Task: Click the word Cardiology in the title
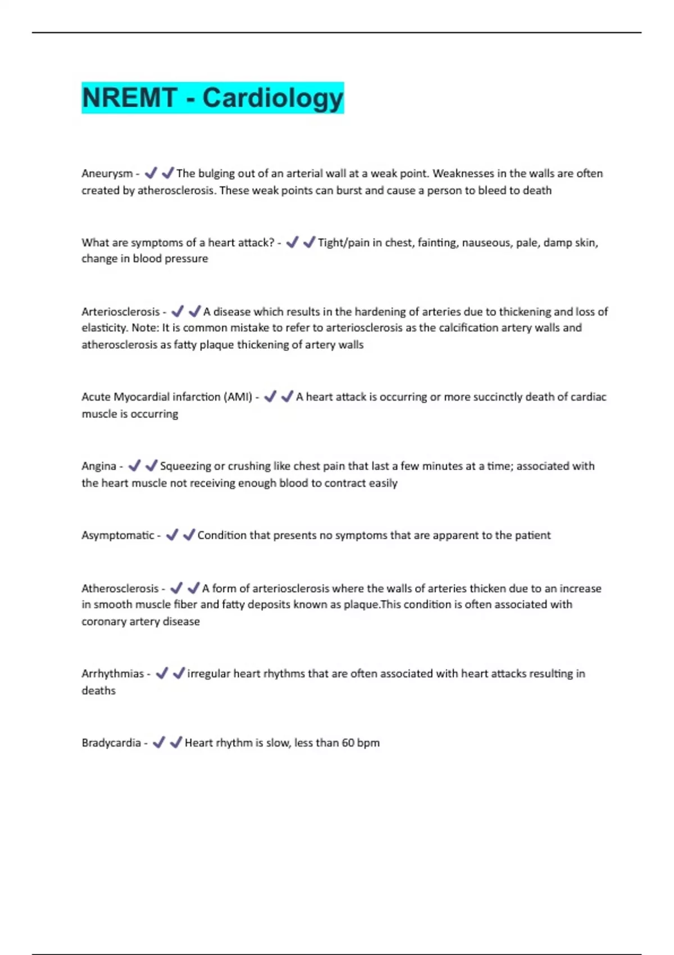[272, 98]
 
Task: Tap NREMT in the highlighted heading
[129, 98]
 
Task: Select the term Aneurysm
[107, 174]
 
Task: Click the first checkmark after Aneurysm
[151, 173]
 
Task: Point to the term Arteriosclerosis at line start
[120, 312]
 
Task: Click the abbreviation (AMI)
[238, 397]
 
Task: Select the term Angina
[99, 466]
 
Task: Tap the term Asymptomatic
[117, 535]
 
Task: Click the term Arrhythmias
[112, 674]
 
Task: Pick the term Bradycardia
[111, 743]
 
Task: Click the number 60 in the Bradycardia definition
[348, 743]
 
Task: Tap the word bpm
[368, 743]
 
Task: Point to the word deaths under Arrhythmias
[98, 690]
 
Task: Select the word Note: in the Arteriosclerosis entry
[145, 328]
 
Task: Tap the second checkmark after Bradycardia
[176, 742]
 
